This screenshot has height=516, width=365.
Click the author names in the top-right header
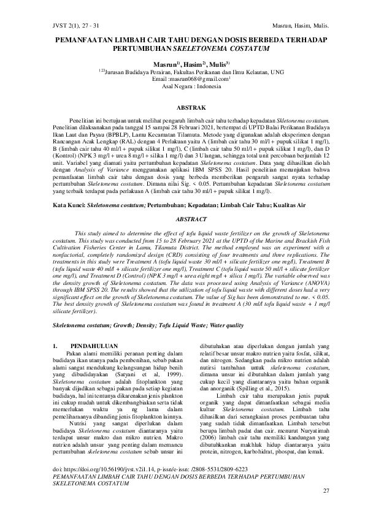pos(300,26)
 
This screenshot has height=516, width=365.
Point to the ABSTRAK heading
pos(182,107)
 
